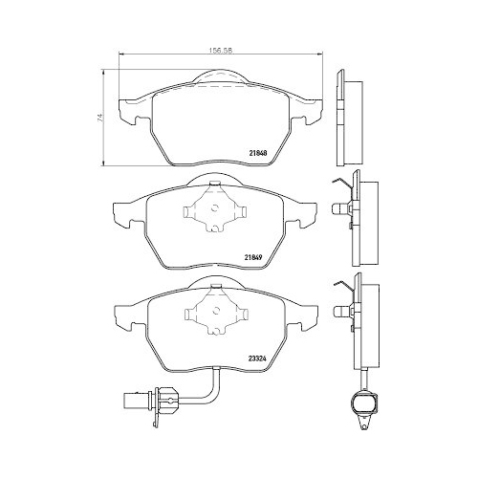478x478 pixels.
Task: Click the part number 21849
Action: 254,255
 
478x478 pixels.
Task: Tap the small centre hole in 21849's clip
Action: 213,210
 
